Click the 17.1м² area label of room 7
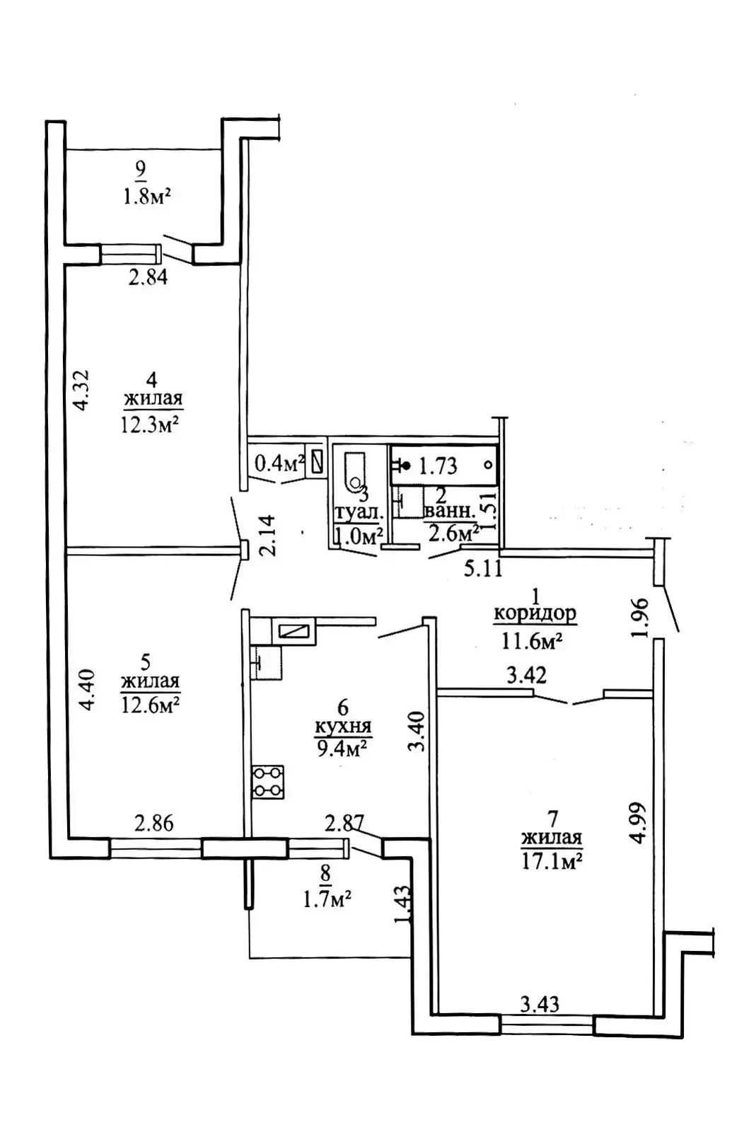coord(552,860)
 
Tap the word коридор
coord(535,613)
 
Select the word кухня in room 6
coord(344,727)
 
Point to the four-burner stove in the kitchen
coord(267,782)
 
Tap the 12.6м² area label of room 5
coord(150,704)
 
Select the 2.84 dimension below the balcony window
coord(148,277)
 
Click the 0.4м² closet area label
coord(279,463)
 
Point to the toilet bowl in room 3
coord(354,471)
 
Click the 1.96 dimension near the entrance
coord(640,618)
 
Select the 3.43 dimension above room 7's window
coord(540,1004)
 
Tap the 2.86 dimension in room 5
coord(154,824)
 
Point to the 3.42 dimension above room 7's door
coord(527,675)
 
